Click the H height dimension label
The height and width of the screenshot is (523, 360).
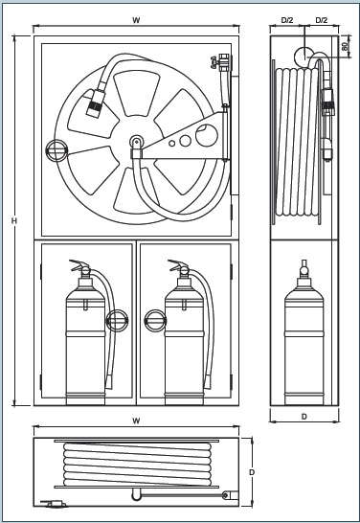coord(14,221)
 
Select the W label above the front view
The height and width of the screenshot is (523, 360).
coord(136,20)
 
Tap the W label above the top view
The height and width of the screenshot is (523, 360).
coord(136,421)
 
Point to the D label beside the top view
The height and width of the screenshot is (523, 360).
coord(252,472)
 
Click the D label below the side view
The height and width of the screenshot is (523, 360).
coord(304,417)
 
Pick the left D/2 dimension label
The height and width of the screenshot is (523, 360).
coord(287,20)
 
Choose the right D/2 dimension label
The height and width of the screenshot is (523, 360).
coord(322,20)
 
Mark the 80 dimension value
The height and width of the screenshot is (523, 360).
coord(346,46)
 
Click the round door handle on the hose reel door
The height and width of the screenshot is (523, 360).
coord(56,150)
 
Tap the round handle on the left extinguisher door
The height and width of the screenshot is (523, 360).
coord(117,321)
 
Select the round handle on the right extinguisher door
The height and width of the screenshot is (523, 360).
coord(155,321)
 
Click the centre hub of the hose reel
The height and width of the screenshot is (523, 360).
coord(136,142)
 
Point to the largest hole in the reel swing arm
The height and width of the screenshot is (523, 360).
coord(207,135)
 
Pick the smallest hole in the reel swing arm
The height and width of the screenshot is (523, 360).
coord(171,144)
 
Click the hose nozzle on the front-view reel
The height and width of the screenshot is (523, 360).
coord(96,102)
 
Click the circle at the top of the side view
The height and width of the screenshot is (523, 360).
coord(304,57)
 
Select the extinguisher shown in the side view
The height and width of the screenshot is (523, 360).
coord(304,333)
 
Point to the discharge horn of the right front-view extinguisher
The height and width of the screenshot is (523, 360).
coord(208,381)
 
